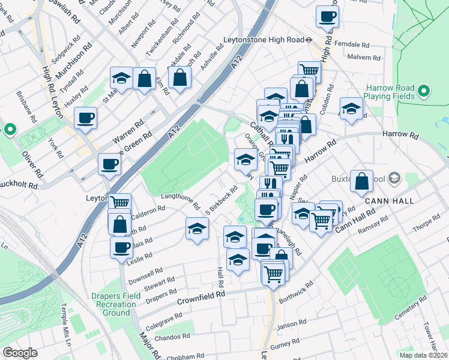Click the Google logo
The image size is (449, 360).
click(x=20, y=352)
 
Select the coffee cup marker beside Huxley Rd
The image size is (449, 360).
click(x=86, y=117)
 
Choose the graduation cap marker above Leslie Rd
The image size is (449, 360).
click(x=197, y=229)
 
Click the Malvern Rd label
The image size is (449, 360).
click(x=367, y=58)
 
